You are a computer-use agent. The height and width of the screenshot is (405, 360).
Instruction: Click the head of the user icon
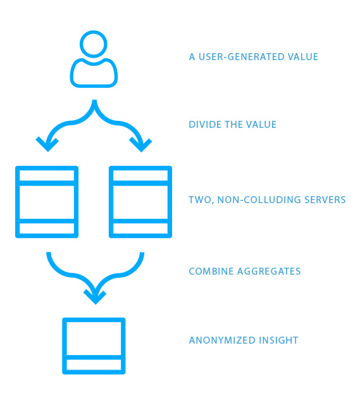[94, 32]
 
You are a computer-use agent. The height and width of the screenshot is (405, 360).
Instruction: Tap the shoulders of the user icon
[94, 85]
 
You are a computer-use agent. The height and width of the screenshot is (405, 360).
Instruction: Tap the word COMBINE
[211, 271]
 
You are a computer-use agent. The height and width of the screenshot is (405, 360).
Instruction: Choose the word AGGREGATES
[269, 271]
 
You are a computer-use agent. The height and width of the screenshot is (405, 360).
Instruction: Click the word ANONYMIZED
[222, 340]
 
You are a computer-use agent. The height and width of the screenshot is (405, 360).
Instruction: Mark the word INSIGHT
[278, 340]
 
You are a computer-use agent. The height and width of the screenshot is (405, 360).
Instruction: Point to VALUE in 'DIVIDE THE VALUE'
[261, 125]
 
